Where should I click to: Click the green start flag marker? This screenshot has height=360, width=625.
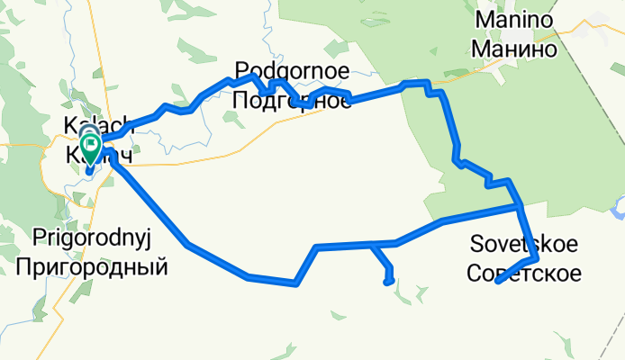91,143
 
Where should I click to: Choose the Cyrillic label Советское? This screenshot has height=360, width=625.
524,271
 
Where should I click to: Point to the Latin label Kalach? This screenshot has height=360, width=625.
98,126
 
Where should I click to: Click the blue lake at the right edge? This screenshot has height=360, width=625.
617,211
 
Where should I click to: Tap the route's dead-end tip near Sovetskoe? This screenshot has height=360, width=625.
498,283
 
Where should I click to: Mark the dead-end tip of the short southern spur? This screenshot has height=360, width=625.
387,283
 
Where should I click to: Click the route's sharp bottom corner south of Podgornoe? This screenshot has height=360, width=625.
295,283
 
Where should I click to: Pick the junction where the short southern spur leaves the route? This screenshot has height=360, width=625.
371,244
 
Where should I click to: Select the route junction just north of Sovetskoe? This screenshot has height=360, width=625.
521,206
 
